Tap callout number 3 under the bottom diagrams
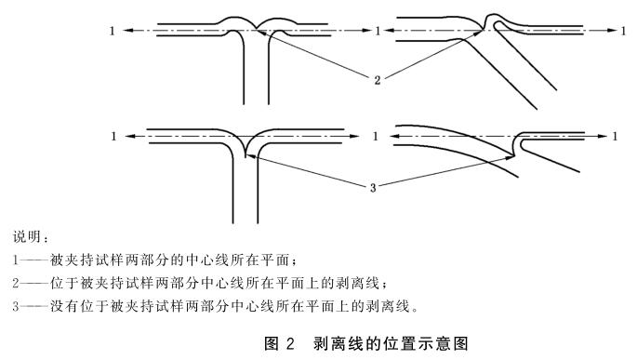pyautogui.click(x=373, y=188)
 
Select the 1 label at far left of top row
pyautogui.click(x=113, y=31)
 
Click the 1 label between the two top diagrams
pyautogui.click(x=376, y=31)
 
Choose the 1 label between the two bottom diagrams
pyautogui.click(x=376, y=136)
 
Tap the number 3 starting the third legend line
pyautogui.click(x=17, y=304)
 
